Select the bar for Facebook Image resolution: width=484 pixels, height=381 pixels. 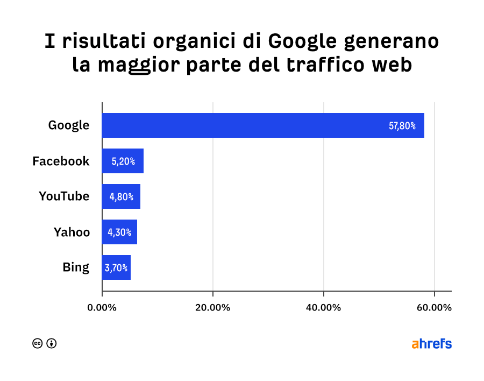[x=123, y=161]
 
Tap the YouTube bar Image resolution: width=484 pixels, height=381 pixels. [x=121, y=196]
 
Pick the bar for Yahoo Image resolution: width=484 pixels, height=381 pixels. [x=119, y=232]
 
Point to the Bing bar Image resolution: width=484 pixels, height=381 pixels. [x=116, y=267]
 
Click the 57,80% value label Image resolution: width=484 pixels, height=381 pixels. [x=402, y=126]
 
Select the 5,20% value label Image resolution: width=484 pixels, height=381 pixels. [x=123, y=161]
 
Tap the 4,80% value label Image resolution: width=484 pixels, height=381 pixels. [x=122, y=196]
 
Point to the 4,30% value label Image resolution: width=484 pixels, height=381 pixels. [x=120, y=232]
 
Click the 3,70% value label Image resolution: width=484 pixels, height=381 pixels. [x=117, y=267]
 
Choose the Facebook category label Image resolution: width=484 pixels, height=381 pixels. [x=61, y=161]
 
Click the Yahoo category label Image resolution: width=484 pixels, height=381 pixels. [x=72, y=232]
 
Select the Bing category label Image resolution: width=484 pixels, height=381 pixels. [x=76, y=267]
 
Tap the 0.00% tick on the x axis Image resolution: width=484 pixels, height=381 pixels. [x=102, y=308]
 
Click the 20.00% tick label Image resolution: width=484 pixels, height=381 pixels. [x=213, y=308]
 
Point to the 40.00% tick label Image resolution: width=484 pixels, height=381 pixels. [x=323, y=308]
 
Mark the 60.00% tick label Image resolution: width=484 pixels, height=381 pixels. [x=434, y=308]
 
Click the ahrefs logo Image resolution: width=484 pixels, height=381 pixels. [x=432, y=344]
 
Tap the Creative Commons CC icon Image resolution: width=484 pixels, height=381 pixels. [x=38, y=343]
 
